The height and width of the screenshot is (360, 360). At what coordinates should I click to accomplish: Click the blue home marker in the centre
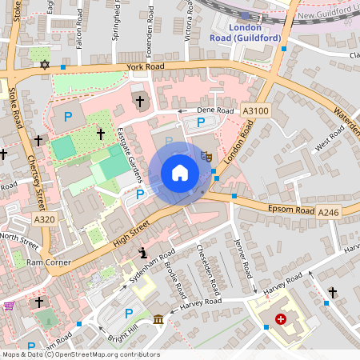click(x=180, y=173)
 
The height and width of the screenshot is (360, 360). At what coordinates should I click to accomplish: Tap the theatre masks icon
click(x=206, y=158)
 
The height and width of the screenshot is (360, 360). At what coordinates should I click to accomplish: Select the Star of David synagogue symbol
click(x=45, y=63)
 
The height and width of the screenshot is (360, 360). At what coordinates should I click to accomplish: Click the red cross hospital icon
click(x=280, y=319)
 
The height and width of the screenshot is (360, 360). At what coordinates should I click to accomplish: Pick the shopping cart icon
click(x=9, y=306)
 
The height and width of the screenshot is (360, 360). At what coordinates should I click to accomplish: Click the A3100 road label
click(x=254, y=113)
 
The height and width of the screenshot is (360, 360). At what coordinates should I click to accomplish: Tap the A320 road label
click(x=45, y=219)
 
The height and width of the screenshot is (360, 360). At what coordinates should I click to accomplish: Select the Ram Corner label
click(x=48, y=262)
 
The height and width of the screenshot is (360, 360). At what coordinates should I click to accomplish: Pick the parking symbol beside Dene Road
click(x=201, y=122)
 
